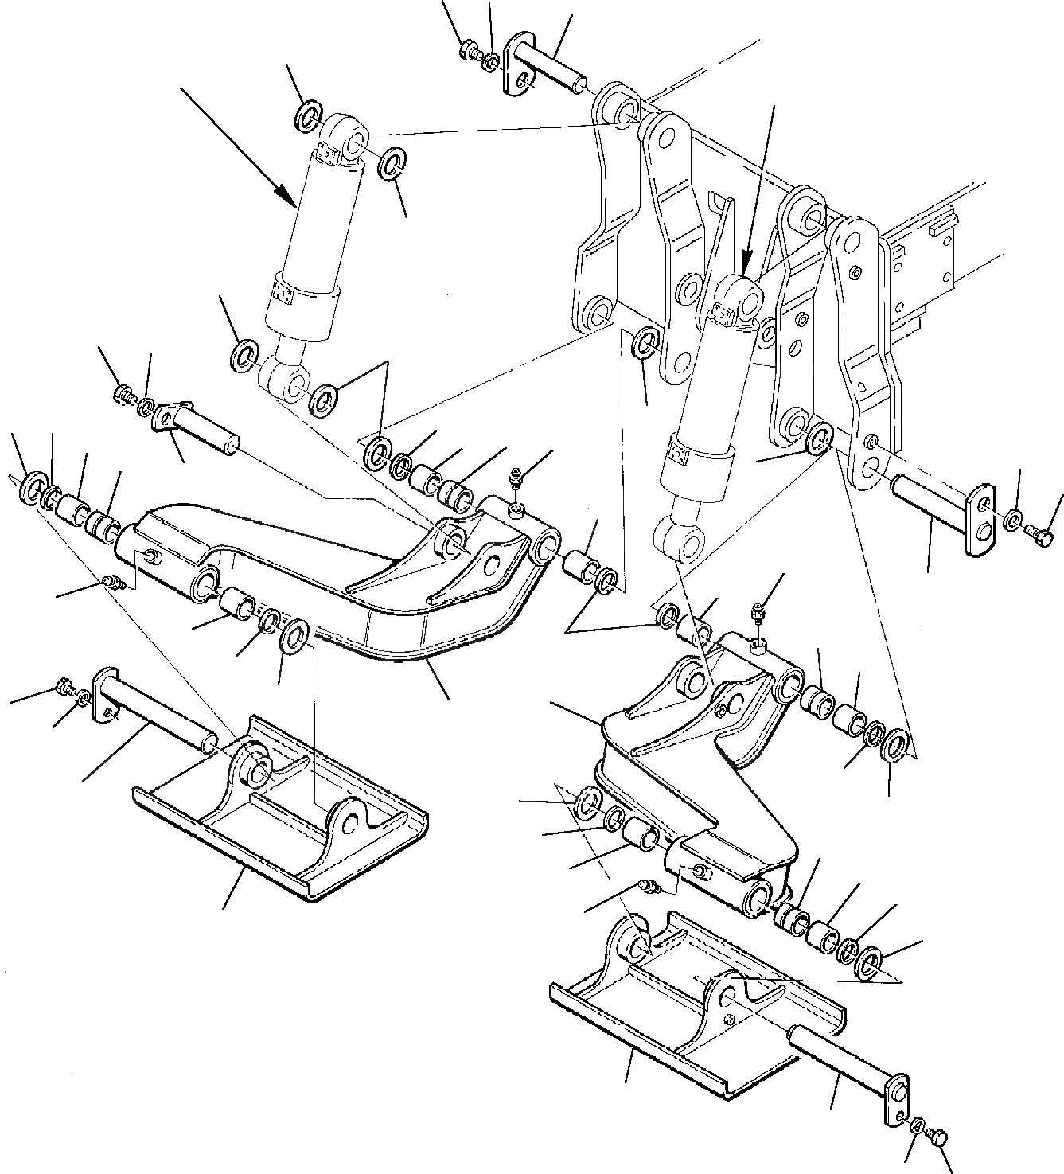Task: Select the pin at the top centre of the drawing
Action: pyautogui.click(x=549, y=67)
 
